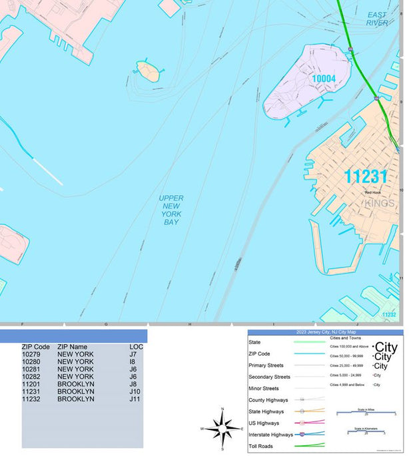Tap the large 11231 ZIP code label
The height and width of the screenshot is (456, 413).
[365, 176]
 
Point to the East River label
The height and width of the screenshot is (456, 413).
[377, 19]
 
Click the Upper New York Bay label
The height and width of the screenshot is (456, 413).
[171, 210]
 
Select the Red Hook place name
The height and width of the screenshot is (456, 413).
[372, 193]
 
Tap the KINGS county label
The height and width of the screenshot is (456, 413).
[380, 202]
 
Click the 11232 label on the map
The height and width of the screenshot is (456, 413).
[389, 314]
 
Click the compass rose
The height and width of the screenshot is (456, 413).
[222, 428]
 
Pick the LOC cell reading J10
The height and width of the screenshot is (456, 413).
[135, 391]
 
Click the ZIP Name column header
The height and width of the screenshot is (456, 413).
[72, 347]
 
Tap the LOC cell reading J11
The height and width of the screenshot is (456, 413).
[135, 399]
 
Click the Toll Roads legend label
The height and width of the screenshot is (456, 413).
[261, 446]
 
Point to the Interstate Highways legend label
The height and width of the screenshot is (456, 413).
[269, 435]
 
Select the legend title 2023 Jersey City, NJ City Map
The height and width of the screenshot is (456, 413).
[325, 332]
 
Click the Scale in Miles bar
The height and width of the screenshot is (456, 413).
[366, 413]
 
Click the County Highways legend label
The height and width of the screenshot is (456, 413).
[268, 400]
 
